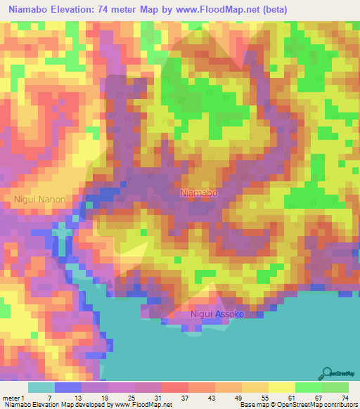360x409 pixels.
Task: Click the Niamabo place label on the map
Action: [x=199, y=192]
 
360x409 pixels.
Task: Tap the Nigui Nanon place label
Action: [x=39, y=199]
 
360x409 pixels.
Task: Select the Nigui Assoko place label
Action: [x=217, y=314]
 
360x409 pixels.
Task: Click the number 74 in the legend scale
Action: [x=344, y=397]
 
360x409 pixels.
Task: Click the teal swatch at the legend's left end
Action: [x=41, y=387]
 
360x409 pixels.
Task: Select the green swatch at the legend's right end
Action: [x=335, y=387]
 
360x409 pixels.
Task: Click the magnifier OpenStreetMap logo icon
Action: [x=327, y=372]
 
